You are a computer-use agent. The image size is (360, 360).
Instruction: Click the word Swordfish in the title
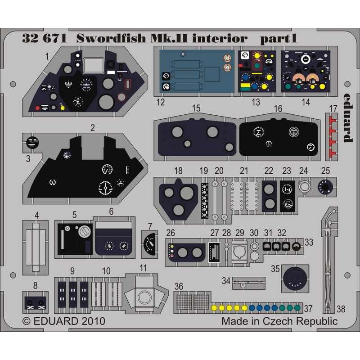tap(111, 38)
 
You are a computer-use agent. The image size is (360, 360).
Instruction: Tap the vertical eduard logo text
tap(348, 118)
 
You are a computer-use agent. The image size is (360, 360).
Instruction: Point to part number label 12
tap(161, 102)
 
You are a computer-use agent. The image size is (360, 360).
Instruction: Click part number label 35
tap(275, 269)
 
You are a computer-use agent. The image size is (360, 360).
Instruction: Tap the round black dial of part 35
tap(295, 278)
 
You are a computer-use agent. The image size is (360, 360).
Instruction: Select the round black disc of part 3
tap(32, 143)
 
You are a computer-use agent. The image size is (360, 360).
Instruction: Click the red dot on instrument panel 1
tap(37, 108)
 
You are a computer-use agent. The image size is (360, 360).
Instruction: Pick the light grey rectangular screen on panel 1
tap(94, 65)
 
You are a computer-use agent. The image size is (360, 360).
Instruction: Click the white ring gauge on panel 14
tap(306, 59)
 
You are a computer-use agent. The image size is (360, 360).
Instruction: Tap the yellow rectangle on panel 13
tap(245, 86)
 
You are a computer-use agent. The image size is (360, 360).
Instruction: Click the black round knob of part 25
tap(325, 187)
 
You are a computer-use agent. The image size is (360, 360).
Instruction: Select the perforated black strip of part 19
tap(204, 201)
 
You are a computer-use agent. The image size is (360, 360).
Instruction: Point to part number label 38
tap(341, 309)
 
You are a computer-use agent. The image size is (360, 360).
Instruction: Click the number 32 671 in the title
tap(44, 38)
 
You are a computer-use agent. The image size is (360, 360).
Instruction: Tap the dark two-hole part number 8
tap(36, 303)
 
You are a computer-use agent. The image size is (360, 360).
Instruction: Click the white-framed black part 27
tap(214, 252)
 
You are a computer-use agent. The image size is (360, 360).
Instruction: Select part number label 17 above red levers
tap(333, 108)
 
